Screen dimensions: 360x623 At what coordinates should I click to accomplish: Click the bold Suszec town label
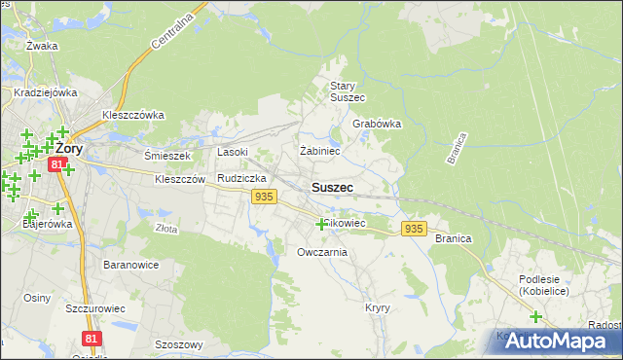click(332, 187)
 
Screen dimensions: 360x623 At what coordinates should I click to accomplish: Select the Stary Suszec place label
click(347, 91)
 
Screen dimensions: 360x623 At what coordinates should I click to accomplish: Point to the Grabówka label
click(377, 125)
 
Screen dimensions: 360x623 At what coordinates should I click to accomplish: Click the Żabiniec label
click(319, 151)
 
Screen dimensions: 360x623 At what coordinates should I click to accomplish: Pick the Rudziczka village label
click(241, 179)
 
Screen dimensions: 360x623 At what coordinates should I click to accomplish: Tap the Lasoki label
click(233, 152)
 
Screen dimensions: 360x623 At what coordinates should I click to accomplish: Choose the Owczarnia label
click(322, 252)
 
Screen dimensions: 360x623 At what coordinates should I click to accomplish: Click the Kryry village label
click(378, 307)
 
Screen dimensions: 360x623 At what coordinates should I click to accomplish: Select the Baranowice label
click(130, 264)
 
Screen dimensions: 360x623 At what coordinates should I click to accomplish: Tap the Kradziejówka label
click(45, 93)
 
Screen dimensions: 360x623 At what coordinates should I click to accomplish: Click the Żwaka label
click(43, 46)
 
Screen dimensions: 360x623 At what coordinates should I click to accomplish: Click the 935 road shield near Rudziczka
click(263, 197)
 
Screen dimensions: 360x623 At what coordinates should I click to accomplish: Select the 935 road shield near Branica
click(414, 229)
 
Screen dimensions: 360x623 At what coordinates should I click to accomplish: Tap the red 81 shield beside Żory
click(58, 166)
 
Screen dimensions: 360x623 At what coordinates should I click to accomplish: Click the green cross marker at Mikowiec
click(321, 224)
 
